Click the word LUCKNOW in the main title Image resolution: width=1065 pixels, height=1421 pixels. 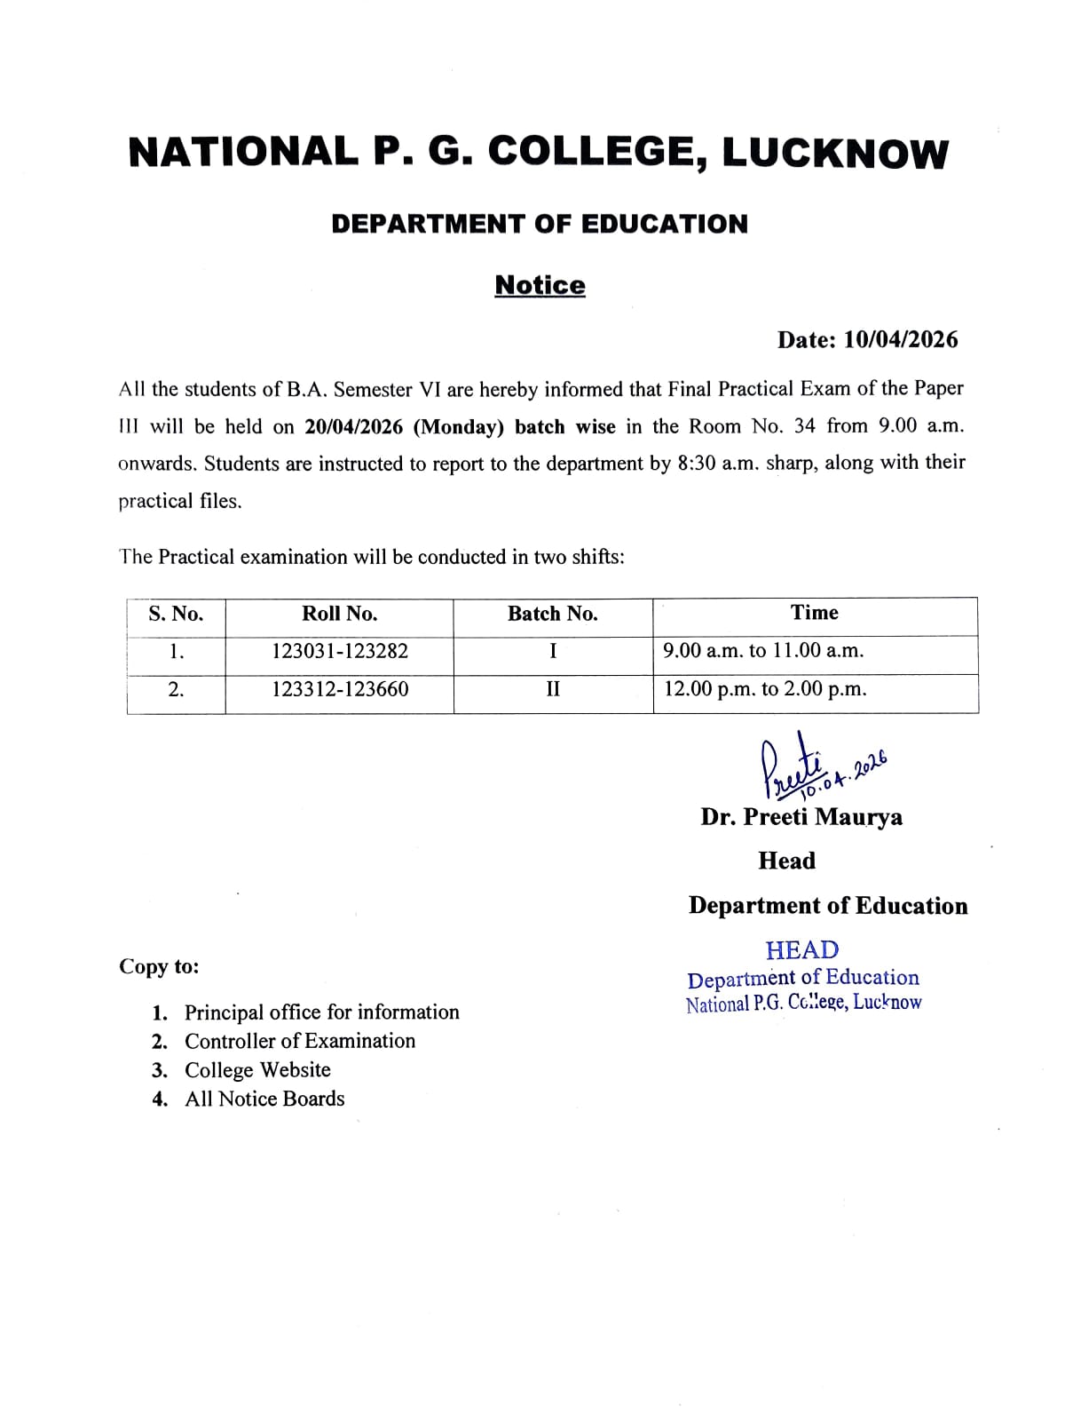click(x=835, y=153)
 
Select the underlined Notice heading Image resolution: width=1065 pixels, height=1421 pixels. click(x=540, y=285)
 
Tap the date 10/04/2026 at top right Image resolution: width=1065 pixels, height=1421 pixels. click(x=901, y=339)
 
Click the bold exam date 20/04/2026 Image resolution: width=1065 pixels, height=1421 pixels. click(x=353, y=426)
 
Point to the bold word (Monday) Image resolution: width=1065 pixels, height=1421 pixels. click(x=459, y=426)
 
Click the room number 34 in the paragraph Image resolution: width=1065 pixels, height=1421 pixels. click(x=804, y=425)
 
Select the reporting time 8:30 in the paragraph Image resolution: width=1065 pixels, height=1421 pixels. click(x=697, y=463)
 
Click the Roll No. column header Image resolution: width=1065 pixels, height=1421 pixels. click(x=339, y=614)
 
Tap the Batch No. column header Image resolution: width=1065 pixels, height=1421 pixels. click(x=552, y=614)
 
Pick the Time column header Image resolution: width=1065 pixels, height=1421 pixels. click(x=814, y=613)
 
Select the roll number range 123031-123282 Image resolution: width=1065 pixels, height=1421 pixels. click(x=340, y=651)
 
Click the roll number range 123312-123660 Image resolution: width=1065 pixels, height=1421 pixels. click(x=340, y=689)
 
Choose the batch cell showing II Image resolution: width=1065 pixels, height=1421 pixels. click(x=553, y=689)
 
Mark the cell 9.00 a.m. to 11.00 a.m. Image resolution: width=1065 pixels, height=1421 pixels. click(x=763, y=650)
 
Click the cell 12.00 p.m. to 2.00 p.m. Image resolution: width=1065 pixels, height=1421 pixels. click(x=765, y=689)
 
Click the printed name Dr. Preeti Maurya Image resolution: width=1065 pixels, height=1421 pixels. click(x=801, y=817)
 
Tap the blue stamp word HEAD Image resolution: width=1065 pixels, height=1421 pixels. click(x=801, y=950)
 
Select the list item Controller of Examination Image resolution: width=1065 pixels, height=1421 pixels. click(x=299, y=1041)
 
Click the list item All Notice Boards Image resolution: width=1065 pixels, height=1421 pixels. click(x=264, y=1099)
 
